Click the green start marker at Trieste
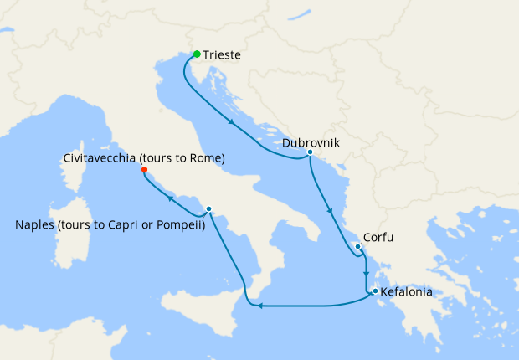[197, 54]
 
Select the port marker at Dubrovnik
[310, 152]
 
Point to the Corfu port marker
[357, 246]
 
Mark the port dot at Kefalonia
[375, 291]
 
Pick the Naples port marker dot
[208, 209]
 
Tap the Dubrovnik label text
[311, 142]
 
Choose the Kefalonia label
[406, 293]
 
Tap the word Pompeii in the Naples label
[179, 224]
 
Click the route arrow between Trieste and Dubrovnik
[231, 124]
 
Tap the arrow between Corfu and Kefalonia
[366, 274]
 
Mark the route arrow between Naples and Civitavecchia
[170, 198]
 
